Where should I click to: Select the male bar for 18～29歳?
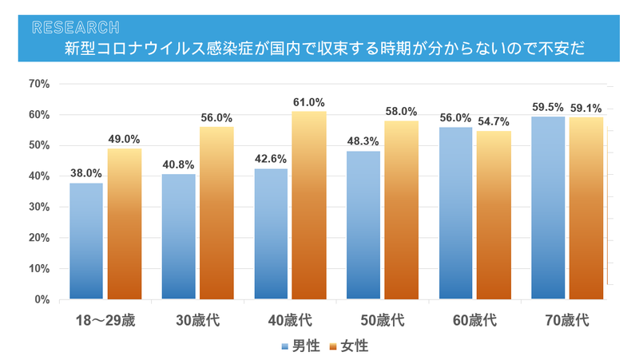86,241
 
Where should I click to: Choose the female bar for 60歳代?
494,215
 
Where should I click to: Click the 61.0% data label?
309,103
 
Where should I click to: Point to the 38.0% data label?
86,173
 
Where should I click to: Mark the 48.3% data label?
363,141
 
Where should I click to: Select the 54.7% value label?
494,121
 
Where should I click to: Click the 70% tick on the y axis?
38,84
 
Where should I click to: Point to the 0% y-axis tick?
42,299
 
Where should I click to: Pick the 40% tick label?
38,176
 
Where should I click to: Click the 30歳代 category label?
197,321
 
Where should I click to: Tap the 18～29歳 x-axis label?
105,321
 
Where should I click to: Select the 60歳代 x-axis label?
474,321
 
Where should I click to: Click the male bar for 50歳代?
363,225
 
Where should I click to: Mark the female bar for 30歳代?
216,213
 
